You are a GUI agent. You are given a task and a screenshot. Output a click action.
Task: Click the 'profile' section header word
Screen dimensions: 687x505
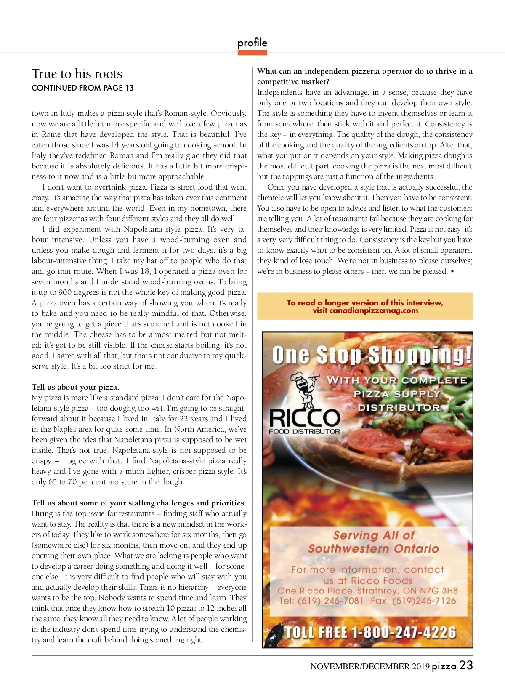tap(252, 43)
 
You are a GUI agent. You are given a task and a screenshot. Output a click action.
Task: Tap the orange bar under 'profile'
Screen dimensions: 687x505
tap(252, 53)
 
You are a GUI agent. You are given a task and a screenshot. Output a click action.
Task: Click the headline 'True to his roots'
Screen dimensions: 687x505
tap(77, 74)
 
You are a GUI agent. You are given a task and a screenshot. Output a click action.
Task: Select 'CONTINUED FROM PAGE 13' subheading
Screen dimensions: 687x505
tap(82, 88)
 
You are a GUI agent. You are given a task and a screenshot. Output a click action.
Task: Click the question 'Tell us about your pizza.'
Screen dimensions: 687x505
tap(75, 387)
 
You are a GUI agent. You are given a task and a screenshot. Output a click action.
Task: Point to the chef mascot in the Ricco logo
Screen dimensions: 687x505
tap(304, 387)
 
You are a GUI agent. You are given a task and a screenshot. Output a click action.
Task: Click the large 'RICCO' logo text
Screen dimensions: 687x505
tap(304, 418)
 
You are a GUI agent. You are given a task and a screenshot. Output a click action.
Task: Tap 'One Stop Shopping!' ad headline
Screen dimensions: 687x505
tap(372, 355)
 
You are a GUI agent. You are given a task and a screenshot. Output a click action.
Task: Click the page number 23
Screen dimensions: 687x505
tap(466, 666)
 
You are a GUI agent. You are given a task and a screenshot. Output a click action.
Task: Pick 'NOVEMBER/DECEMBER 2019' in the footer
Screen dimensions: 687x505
tap(370, 666)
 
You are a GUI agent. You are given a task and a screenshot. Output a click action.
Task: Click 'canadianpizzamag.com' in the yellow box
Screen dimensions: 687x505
tap(374, 310)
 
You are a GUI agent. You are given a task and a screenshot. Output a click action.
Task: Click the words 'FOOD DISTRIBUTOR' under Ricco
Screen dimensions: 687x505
tap(304, 431)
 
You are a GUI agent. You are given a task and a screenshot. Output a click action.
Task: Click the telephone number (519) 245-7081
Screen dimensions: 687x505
tap(330, 601)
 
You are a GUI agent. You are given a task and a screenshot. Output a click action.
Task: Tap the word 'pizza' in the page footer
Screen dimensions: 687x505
tap(444, 666)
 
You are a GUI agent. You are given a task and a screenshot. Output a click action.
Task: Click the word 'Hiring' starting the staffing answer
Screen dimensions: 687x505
tap(42, 513)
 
